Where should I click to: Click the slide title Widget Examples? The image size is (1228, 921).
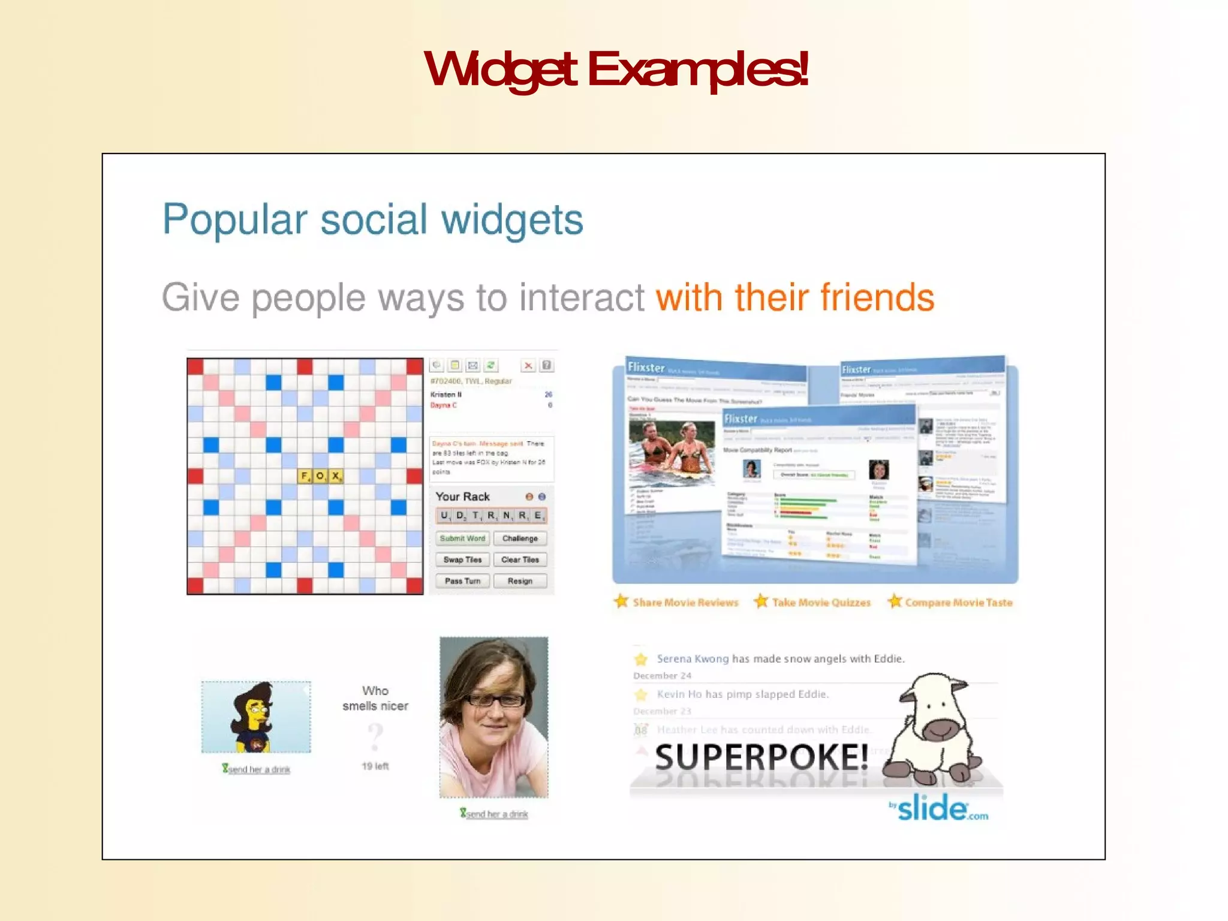click(615, 70)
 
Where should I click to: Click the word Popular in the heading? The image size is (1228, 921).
click(234, 220)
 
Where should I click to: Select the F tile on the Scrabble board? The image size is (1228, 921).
click(305, 476)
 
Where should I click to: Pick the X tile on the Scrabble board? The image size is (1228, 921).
click(336, 476)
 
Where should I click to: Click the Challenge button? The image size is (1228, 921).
click(520, 538)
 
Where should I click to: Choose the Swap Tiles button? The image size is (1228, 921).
click(462, 559)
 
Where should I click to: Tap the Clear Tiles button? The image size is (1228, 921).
click(520, 559)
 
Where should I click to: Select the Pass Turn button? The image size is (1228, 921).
click(462, 581)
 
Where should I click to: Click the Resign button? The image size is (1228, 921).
click(520, 581)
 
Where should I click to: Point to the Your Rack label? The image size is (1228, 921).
click(462, 496)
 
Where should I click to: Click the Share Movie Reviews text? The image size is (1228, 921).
click(685, 603)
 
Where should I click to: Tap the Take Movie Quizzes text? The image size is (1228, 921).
click(820, 603)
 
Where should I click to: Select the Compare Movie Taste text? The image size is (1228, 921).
click(958, 603)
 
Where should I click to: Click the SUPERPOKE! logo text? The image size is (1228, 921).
click(762, 757)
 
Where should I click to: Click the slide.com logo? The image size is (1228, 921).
click(939, 809)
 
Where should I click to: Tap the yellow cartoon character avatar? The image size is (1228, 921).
click(255, 717)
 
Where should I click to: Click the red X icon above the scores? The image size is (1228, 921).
click(528, 366)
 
